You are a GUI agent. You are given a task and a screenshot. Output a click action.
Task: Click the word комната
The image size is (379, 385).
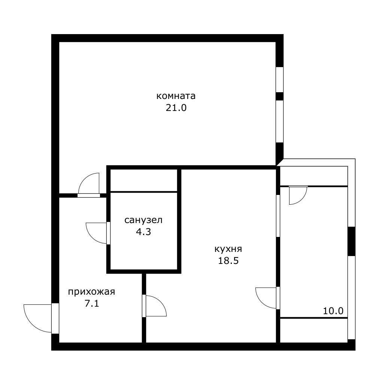click(176, 96)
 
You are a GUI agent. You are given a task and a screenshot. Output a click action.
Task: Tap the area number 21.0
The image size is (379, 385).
click(176, 108)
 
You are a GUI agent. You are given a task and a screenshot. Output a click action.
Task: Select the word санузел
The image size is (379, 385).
click(143, 220)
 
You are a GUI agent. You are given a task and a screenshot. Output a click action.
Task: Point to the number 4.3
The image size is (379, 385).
click(143, 232)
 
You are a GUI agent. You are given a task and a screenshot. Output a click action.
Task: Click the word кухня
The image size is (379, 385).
click(228, 249)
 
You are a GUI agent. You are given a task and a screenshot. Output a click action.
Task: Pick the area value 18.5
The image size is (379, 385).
click(228, 261)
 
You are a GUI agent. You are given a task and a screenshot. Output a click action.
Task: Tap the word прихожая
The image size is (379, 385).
click(91, 292)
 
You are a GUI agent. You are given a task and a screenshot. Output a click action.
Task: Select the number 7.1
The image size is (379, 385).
click(92, 304)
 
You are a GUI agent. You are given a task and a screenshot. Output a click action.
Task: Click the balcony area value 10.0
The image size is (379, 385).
click(333, 311)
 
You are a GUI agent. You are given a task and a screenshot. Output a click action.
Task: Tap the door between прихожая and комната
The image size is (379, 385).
click(89, 195)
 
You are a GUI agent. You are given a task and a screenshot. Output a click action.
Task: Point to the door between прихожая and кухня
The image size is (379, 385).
click(144, 306)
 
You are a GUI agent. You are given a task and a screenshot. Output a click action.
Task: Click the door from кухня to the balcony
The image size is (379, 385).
click(278, 298)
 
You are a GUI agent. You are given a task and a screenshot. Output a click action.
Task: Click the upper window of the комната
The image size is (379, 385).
click(280, 79)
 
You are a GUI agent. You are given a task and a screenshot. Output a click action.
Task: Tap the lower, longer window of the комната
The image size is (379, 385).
click(280, 121)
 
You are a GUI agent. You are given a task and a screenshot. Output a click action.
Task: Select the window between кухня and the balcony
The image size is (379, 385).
click(278, 216)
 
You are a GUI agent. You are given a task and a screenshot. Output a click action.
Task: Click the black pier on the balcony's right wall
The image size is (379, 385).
click(352, 241)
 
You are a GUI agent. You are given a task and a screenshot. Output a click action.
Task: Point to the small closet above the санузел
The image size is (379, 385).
click(143, 180)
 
